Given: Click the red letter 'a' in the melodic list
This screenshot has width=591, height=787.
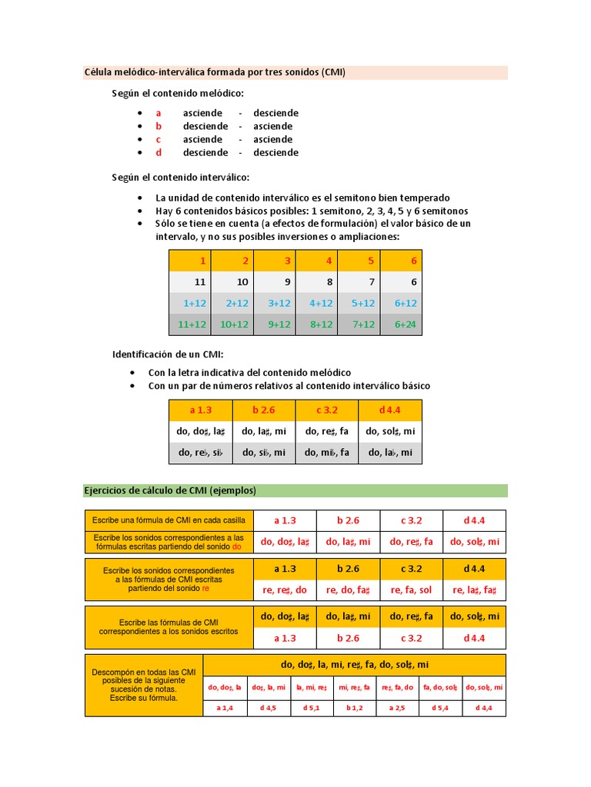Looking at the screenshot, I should point(159,113).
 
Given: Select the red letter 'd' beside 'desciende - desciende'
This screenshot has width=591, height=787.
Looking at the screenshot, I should point(159,152).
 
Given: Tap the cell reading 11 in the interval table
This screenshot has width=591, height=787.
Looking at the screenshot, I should point(200,282).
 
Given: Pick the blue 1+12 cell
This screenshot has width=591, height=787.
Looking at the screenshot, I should point(192,303).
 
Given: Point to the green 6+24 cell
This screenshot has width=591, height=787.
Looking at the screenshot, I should point(406,324).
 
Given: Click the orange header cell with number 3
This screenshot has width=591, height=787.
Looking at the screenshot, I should point(288,261).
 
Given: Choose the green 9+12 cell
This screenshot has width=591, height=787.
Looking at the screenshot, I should point(278,324).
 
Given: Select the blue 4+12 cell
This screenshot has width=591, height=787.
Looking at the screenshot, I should point(320,303).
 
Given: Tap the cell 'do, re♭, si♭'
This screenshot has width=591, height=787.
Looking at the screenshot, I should point(200,452).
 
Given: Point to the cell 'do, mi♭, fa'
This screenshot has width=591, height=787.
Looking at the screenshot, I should point(327,452).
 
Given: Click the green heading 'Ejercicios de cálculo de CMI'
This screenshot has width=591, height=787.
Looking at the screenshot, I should point(170,490).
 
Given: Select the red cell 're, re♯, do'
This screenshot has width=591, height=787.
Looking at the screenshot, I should point(284,590).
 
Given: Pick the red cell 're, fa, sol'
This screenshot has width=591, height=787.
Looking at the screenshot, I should point(412,590).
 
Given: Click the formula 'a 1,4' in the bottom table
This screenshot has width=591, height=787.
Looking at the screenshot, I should point(225,707).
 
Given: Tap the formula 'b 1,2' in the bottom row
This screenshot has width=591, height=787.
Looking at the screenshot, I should point(354,707).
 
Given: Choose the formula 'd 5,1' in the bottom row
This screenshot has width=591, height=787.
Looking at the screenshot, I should point(312,707).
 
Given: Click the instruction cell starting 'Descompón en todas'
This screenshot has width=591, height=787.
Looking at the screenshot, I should point(144,685).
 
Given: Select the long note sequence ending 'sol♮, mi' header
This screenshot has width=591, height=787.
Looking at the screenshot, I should point(355,664).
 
